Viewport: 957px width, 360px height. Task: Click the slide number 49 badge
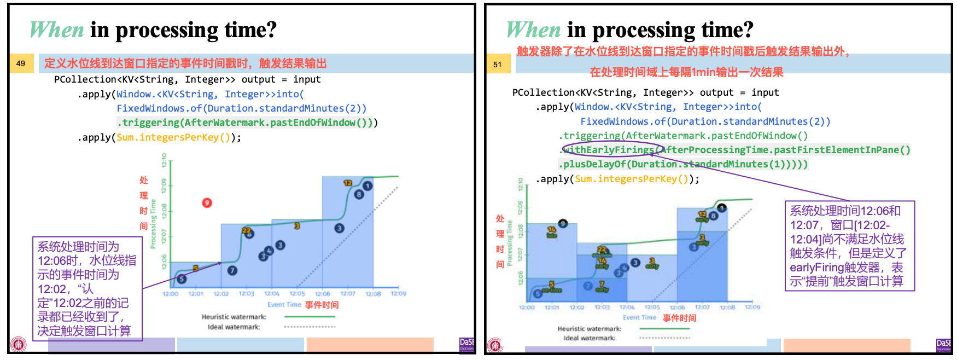point(21,63)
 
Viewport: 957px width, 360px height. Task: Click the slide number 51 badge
point(497,65)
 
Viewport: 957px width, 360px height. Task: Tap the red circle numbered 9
point(207,203)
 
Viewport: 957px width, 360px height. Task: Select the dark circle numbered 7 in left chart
point(232,270)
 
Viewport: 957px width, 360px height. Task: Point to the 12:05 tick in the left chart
point(297,294)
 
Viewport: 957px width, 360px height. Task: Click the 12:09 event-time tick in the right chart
point(752,307)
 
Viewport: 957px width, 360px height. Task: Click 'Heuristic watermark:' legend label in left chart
point(234,317)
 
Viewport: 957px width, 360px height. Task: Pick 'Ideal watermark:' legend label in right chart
point(589,338)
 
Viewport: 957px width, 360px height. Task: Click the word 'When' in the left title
point(56,30)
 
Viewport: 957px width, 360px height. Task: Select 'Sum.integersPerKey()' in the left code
point(173,137)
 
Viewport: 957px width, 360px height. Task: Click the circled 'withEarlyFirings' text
point(609,150)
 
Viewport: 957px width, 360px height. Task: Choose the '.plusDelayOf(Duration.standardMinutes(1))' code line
point(682,164)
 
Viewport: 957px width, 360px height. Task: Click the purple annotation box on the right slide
point(849,246)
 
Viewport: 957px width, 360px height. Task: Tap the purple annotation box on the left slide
point(87,289)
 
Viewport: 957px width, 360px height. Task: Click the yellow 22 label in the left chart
point(246,231)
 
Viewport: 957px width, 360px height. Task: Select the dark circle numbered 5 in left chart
point(182,279)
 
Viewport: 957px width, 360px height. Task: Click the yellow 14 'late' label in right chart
point(552,232)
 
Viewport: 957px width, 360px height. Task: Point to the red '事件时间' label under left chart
point(322,305)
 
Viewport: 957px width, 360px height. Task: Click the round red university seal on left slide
point(19,344)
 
